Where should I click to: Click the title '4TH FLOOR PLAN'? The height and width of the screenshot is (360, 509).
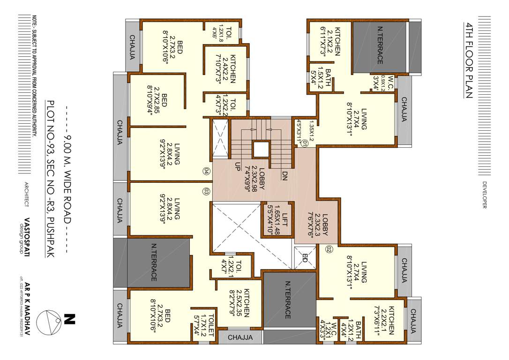pyautogui.click(x=468, y=60)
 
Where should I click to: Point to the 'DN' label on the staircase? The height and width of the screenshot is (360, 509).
pyautogui.click(x=284, y=176)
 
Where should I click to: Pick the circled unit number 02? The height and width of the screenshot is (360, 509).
pyautogui.click(x=329, y=249)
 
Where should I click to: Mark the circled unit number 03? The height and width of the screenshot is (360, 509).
pyautogui.click(x=206, y=191)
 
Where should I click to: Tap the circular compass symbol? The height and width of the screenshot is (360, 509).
pyautogui.click(x=50, y=322)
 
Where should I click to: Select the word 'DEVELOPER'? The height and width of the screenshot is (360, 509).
pyautogui.click(x=484, y=195)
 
